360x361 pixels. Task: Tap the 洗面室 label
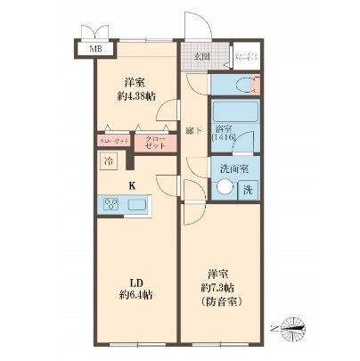[x=229, y=169]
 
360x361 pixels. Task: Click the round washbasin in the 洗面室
[x=227, y=188]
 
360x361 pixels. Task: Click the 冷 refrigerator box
[x=107, y=162]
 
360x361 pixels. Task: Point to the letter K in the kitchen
[x=133, y=185]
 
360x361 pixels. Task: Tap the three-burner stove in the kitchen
[x=112, y=206]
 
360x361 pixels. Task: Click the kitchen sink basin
[x=140, y=206]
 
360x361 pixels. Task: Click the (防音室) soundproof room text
[x=220, y=300]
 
